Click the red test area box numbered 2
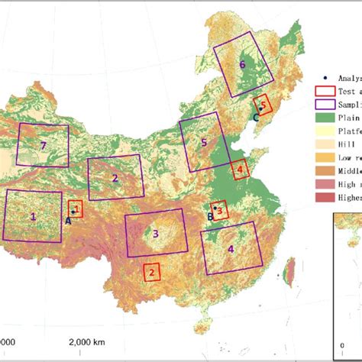[x=151, y=270]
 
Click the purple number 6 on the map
[x=242, y=65]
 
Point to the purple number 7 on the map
[x=44, y=145]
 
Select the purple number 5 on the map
[x=204, y=142]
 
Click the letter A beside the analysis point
[x=67, y=220]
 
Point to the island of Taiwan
[x=289, y=269]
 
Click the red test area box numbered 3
[x=219, y=209]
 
